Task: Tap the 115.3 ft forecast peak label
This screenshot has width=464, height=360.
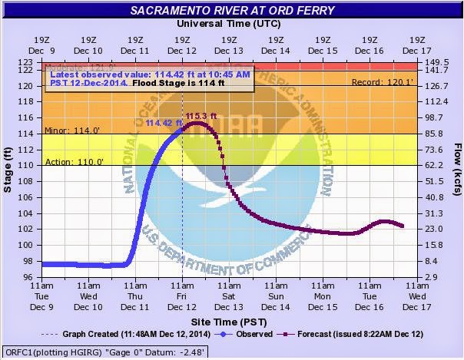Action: point(197,117)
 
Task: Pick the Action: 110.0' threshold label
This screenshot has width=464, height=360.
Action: point(69,161)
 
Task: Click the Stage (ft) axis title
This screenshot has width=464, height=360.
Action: point(8,170)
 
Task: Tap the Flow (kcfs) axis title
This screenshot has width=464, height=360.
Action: point(456,170)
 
